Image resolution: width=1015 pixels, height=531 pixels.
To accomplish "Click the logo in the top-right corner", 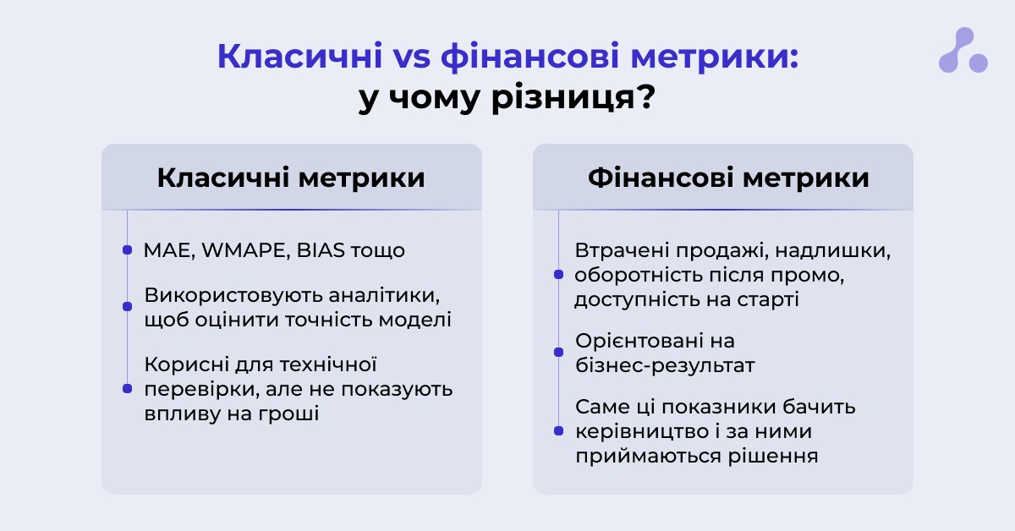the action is [963, 50].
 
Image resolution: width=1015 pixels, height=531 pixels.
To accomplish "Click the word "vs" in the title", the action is [411, 57].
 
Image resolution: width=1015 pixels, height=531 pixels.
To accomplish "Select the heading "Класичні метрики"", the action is [291, 178].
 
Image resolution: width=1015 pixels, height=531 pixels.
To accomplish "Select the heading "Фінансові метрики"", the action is [728, 178].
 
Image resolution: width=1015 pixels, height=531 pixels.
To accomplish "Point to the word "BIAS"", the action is [321, 250].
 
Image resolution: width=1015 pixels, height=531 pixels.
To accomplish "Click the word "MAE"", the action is [169, 250].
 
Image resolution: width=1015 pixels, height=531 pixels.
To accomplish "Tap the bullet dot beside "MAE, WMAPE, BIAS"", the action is [128, 250].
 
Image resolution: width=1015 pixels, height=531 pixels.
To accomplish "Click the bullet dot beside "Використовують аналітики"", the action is [128, 307].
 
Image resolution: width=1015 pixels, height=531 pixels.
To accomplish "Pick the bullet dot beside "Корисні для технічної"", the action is [128, 389].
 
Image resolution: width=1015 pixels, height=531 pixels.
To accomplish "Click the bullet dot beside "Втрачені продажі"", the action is [559, 275].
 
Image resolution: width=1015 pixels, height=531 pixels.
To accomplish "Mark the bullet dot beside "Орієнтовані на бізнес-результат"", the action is [559, 352].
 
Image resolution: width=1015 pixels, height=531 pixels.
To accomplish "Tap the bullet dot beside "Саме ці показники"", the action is [559, 431].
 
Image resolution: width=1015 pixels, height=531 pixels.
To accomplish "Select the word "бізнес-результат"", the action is [665, 365].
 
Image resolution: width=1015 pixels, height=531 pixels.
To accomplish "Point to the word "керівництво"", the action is [644, 432].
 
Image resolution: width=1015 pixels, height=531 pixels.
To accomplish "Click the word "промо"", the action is [808, 276].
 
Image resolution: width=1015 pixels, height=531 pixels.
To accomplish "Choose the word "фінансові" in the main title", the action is [529, 57].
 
